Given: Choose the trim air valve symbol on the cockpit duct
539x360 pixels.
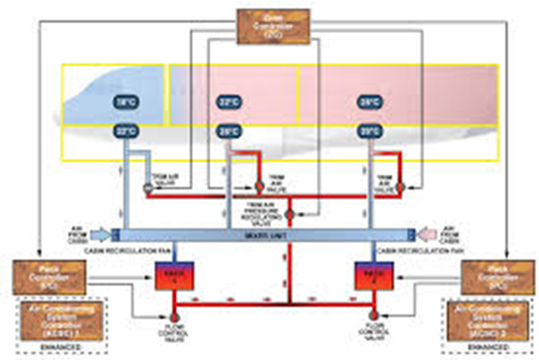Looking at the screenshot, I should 142,185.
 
